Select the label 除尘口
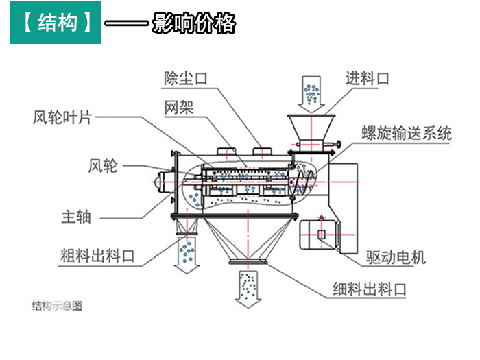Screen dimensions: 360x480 tap(185, 77)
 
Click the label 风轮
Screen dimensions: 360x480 tap(103, 165)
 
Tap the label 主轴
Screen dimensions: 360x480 tap(76, 217)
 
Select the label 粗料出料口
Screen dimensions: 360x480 tap(97, 257)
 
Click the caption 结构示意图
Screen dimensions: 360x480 tap(57, 306)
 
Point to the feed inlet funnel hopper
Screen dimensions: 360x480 tap(311, 128)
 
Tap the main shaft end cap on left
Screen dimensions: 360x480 tap(163, 182)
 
